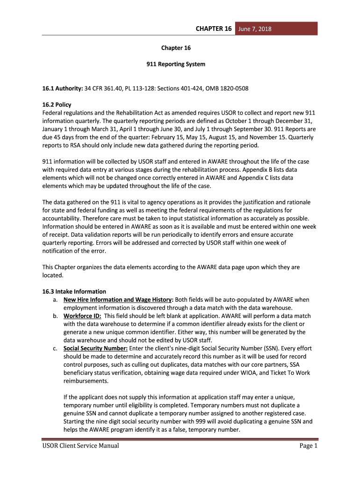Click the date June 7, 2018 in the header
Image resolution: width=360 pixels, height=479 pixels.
point(255,29)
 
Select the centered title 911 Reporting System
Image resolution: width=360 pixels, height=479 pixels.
point(176,64)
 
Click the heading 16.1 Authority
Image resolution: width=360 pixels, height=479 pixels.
point(63,88)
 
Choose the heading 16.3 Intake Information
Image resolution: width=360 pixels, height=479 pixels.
point(74,291)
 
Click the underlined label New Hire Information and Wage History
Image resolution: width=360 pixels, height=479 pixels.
point(118,299)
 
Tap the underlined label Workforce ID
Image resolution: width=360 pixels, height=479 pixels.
point(82,316)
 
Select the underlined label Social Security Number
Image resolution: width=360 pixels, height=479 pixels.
point(95,348)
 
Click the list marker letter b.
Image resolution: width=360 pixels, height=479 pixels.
point(55,316)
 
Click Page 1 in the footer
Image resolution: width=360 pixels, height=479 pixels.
point(309,446)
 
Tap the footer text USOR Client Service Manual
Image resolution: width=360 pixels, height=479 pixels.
point(80,446)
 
